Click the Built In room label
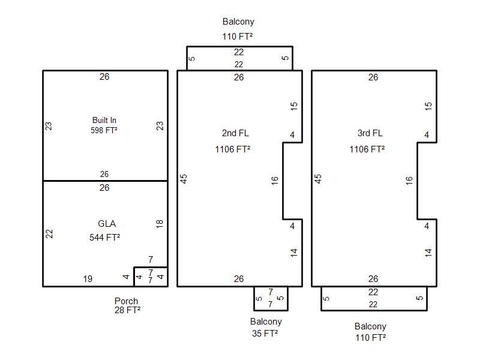click(104, 120)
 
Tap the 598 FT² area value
click(104, 130)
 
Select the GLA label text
click(107, 223)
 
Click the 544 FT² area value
click(104, 237)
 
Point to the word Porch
click(126, 301)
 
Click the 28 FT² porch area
click(127, 310)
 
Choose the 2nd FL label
click(235, 133)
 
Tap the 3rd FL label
click(370, 133)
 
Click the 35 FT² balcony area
click(265, 333)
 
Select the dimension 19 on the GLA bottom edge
click(88, 279)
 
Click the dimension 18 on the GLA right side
click(160, 224)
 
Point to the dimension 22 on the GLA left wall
click(49, 234)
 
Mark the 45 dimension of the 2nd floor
click(184, 179)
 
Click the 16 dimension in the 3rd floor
click(409, 181)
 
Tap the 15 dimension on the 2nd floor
click(294, 106)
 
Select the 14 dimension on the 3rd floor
click(428, 253)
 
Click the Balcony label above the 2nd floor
click(238, 22)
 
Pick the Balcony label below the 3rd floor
click(370, 326)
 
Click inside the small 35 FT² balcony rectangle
click(271, 298)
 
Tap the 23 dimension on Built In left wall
click(49, 126)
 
